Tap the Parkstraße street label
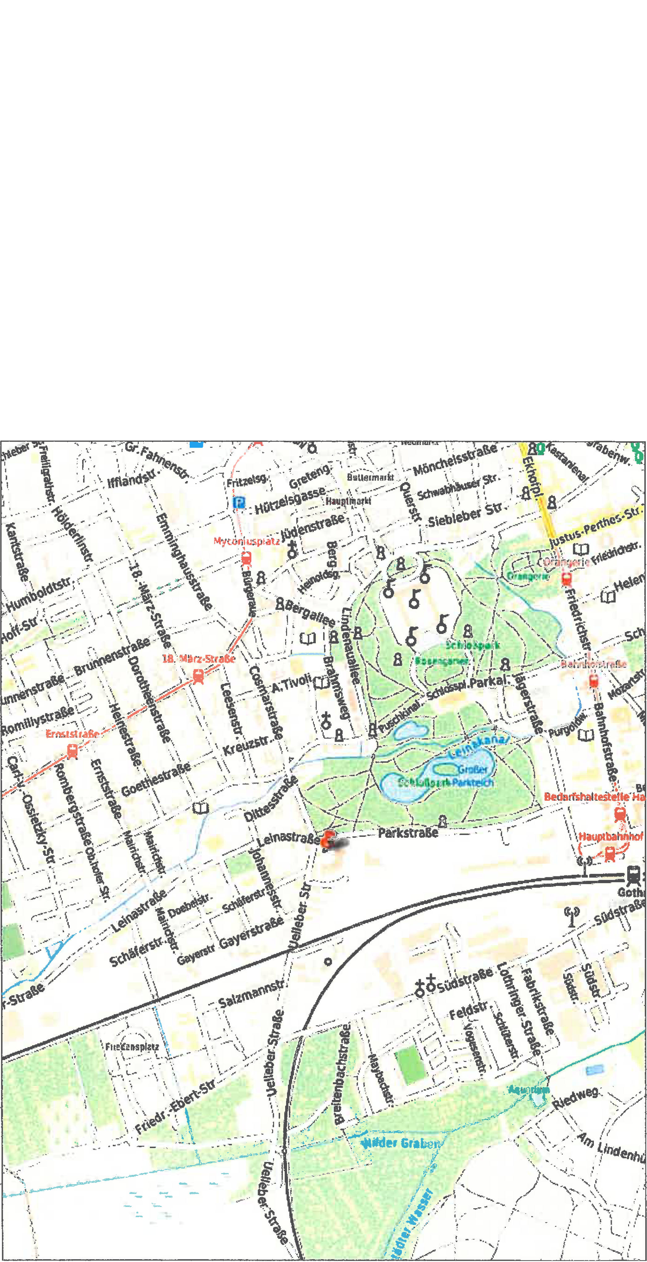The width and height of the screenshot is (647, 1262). click(x=408, y=832)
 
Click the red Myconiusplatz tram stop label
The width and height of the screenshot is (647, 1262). click(x=247, y=541)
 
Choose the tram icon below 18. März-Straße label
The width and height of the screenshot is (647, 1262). click(x=198, y=677)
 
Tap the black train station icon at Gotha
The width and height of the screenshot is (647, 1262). click(x=633, y=874)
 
